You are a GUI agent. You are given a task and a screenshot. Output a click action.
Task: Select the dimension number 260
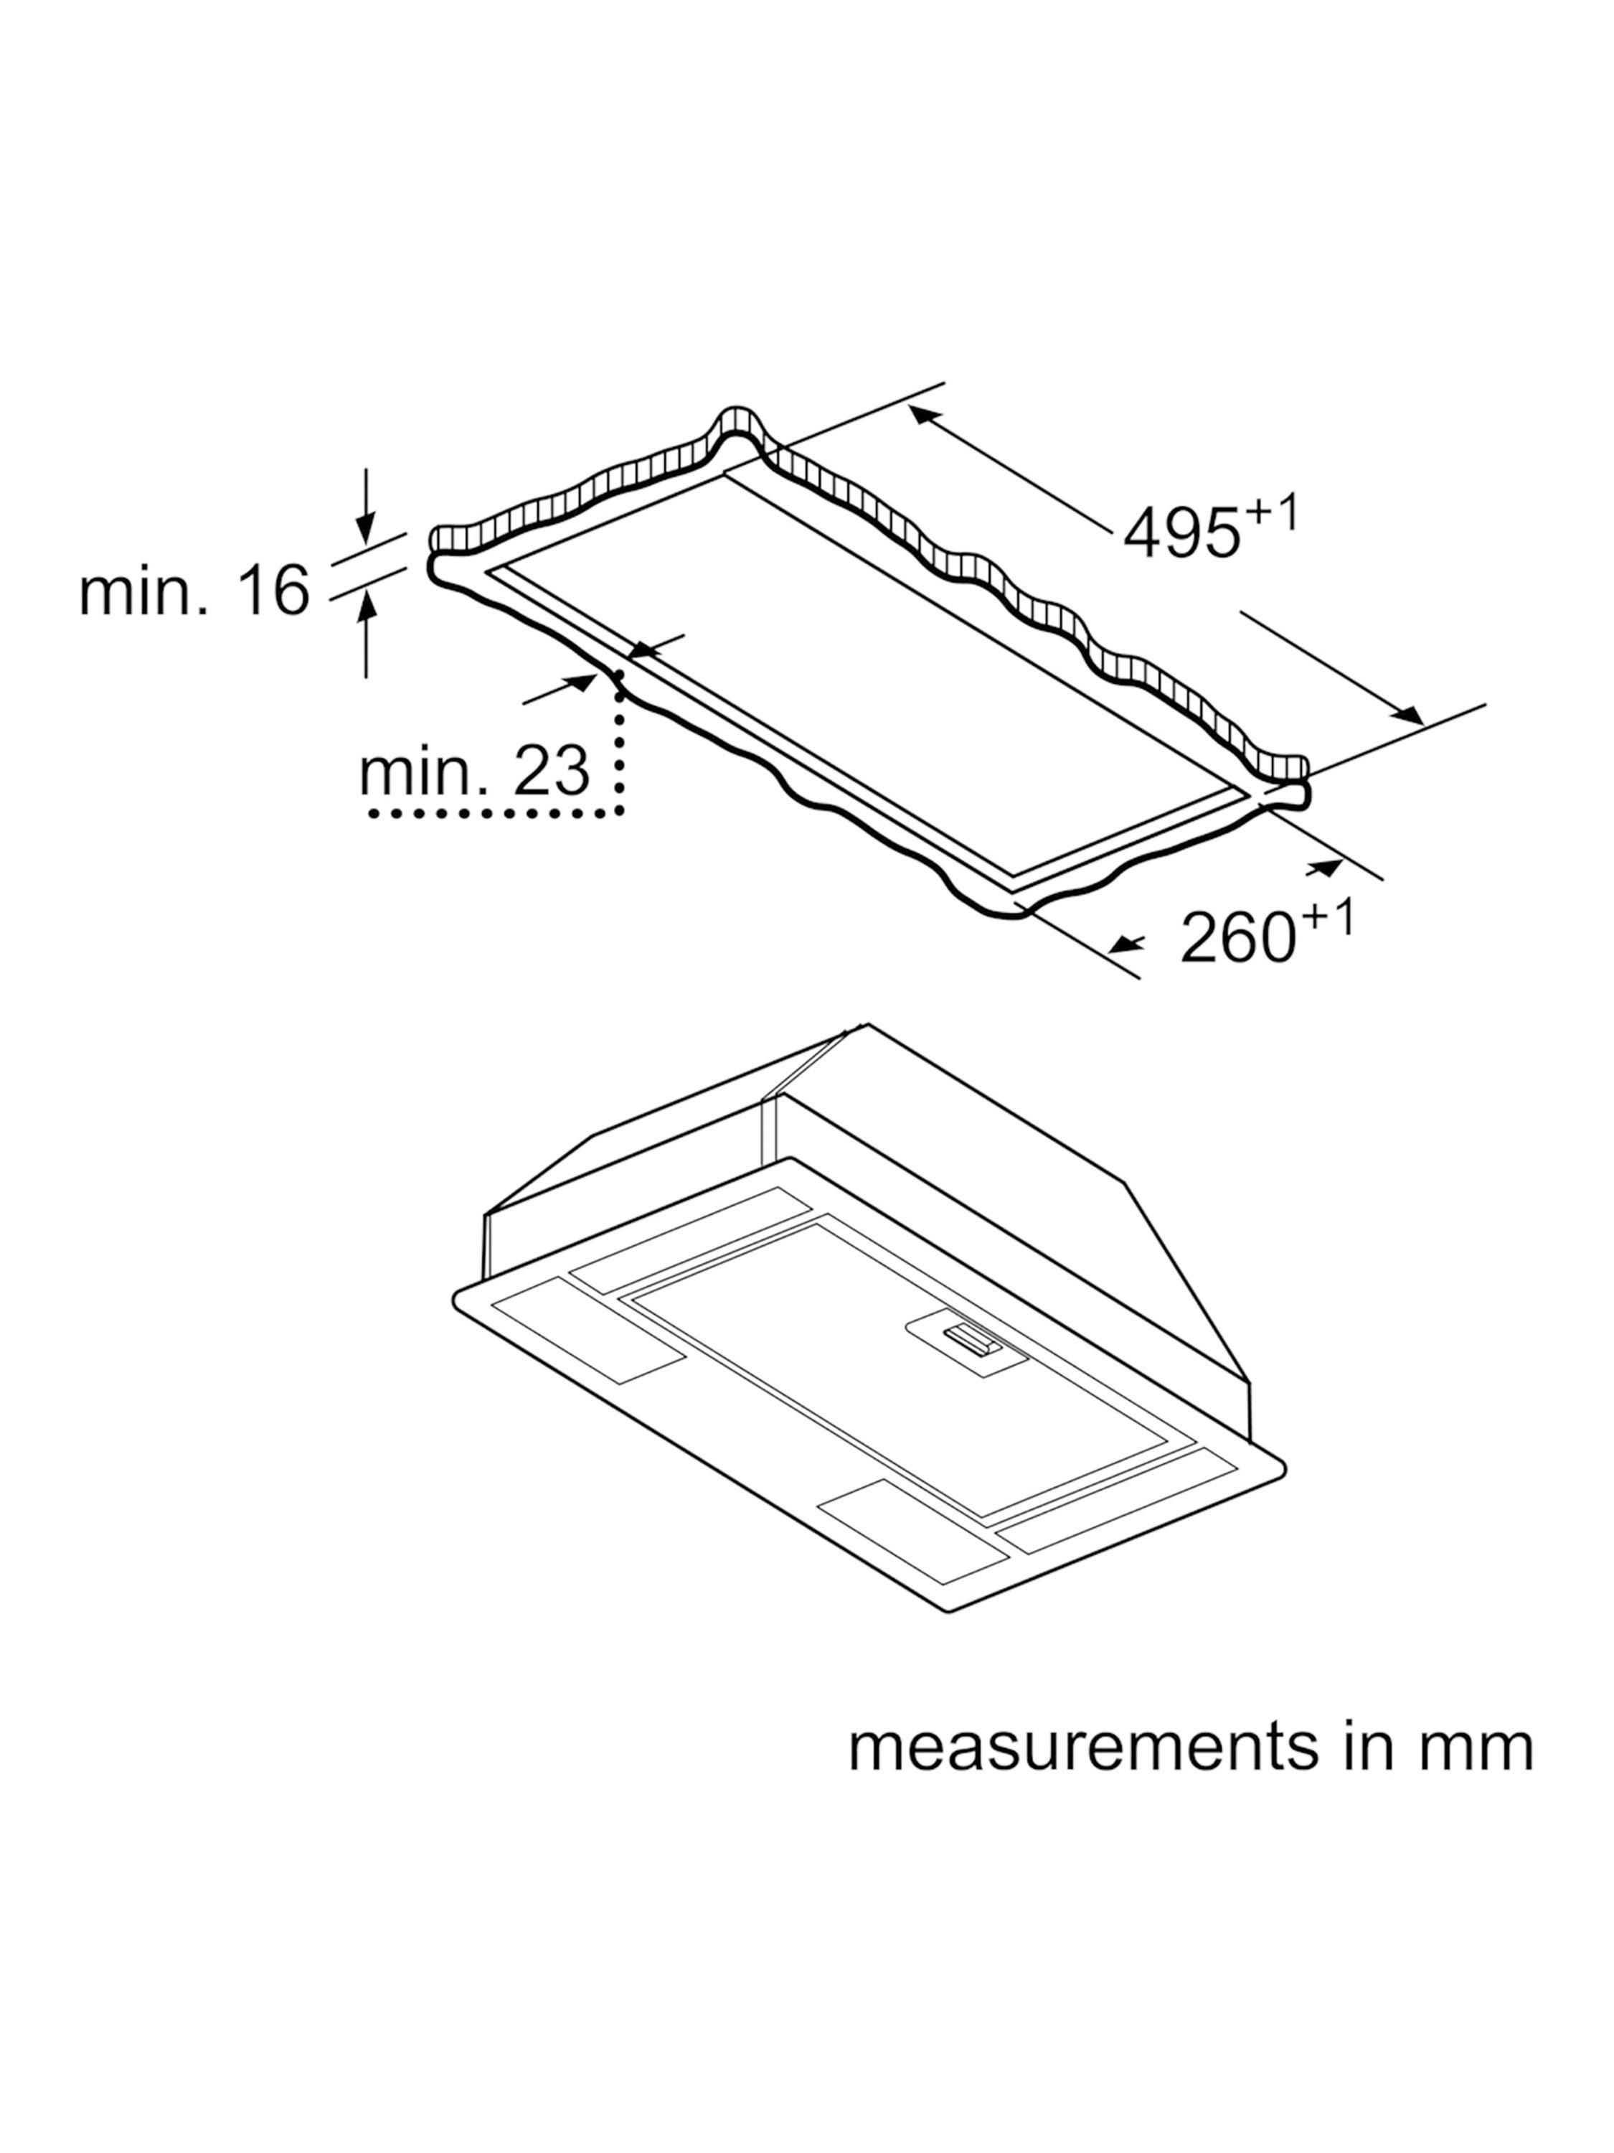click(1237, 937)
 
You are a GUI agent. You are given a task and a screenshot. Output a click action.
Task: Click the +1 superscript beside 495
click(1272, 514)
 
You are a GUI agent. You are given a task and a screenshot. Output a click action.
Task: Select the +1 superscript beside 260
click(1329, 918)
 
